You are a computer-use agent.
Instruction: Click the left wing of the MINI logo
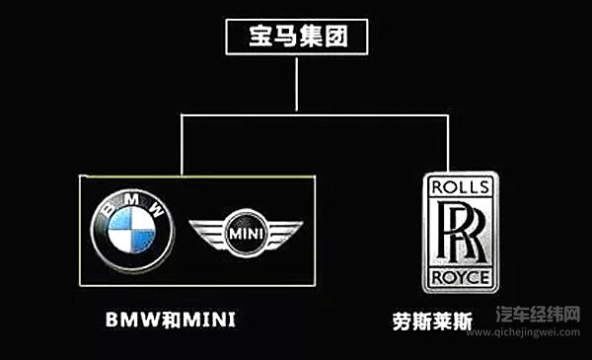[x=206, y=235]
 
